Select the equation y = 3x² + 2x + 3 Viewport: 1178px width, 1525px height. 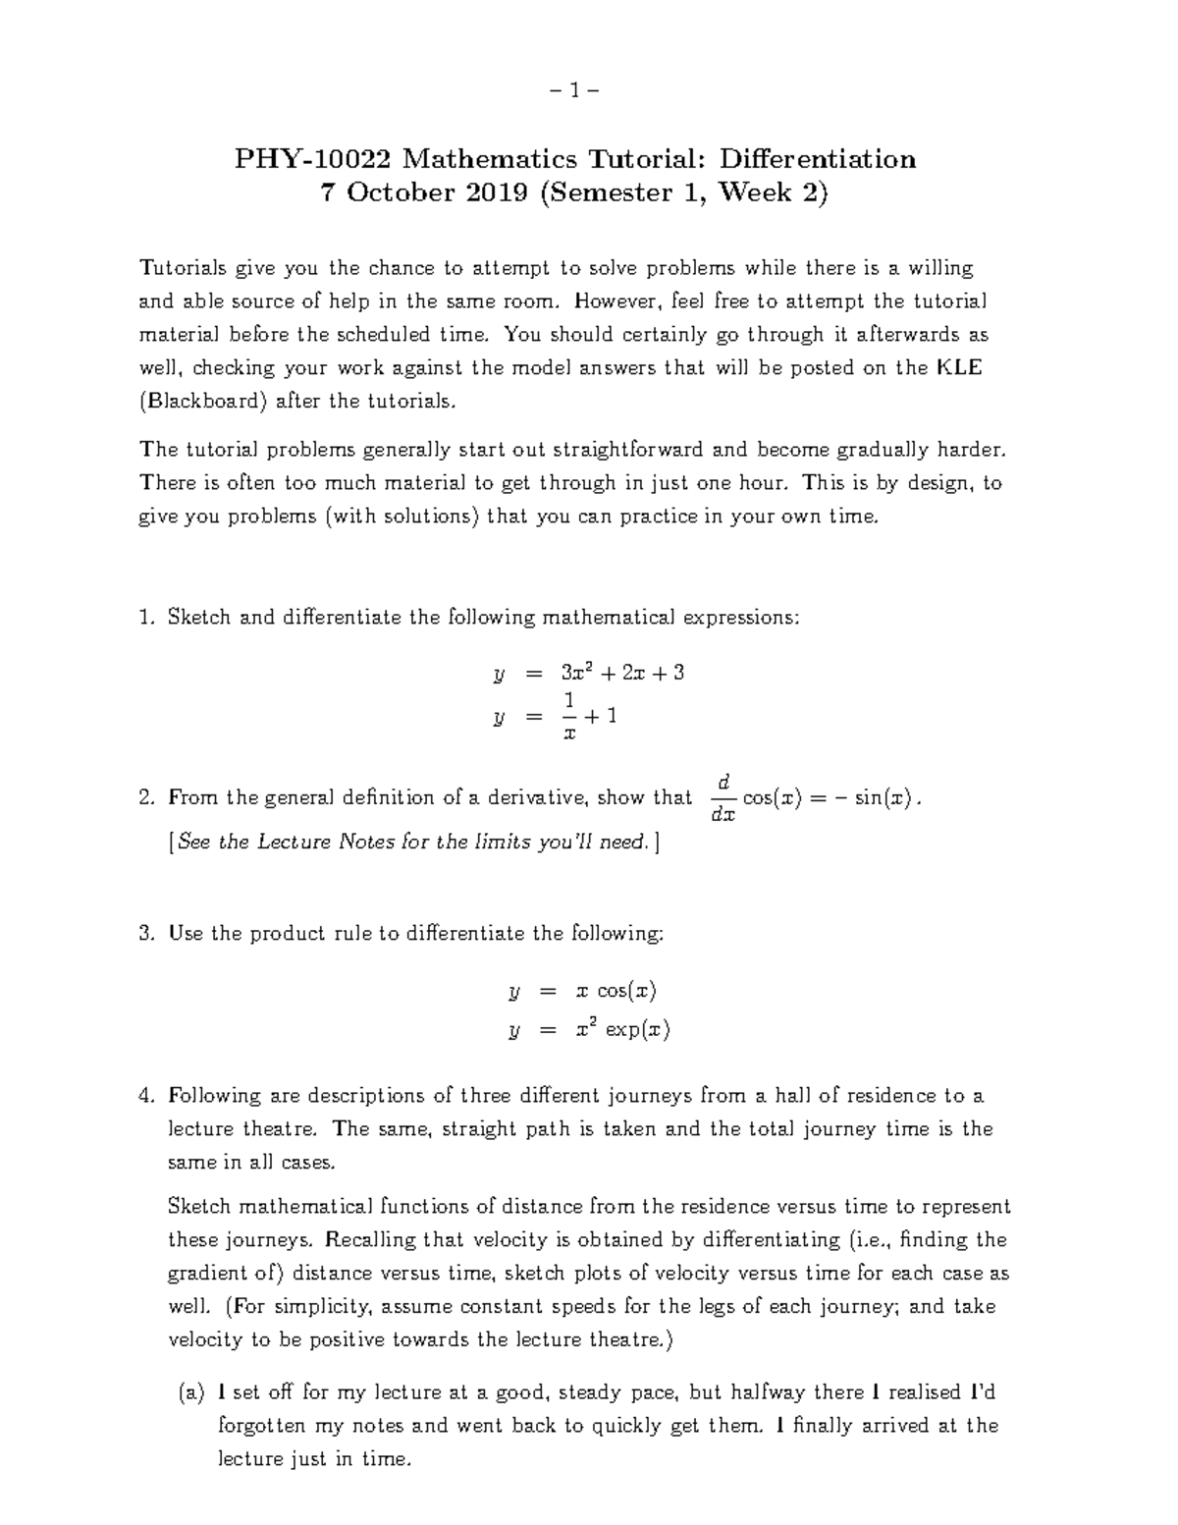[x=588, y=674]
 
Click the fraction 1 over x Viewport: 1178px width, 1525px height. [x=567, y=716]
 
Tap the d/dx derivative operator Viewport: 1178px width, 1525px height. [x=723, y=797]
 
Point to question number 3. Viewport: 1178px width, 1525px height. [x=147, y=934]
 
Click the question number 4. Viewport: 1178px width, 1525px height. [x=147, y=1096]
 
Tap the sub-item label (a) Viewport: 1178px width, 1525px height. [x=191, y=1392]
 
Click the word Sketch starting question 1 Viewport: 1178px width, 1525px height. [x=200, y=618]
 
